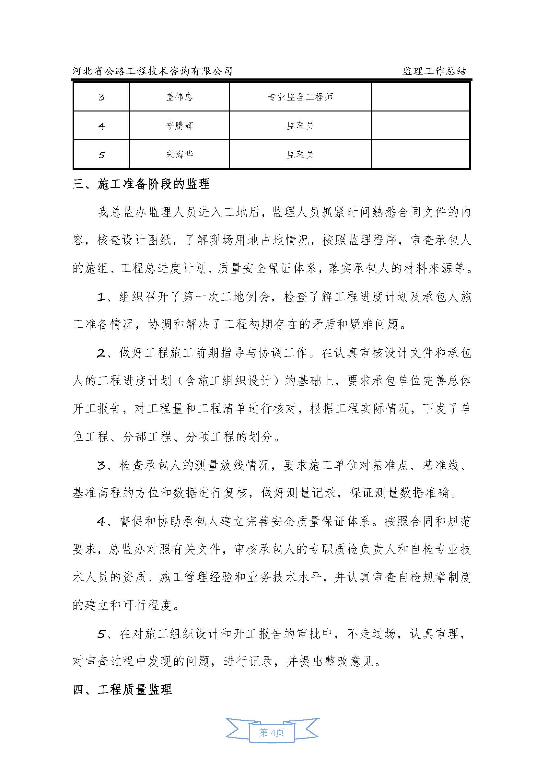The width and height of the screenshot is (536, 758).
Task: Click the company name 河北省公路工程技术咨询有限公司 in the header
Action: coord(153,71)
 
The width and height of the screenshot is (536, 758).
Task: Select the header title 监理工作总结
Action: coord(434,71)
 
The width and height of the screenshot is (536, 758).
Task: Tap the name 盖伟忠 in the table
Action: coord(179,97)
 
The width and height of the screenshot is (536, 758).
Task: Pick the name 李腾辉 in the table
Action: coord(179,125)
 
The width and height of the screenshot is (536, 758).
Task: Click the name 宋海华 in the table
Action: coord(179,154)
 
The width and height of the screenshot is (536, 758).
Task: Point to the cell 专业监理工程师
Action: coord(300,97)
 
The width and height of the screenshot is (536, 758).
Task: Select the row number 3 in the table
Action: coord(101,97)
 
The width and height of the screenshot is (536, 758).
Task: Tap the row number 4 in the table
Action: coord(101,126)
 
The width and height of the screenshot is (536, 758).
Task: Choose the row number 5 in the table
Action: coord(101,155)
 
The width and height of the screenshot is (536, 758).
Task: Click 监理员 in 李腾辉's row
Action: coord(300,125)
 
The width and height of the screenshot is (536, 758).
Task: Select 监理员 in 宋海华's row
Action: coord(300,154)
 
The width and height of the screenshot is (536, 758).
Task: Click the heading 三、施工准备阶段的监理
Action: coord(141,184)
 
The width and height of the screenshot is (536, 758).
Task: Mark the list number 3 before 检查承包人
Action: coord(101,466)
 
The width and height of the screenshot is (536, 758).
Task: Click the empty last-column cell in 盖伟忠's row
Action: coord(421,97)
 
